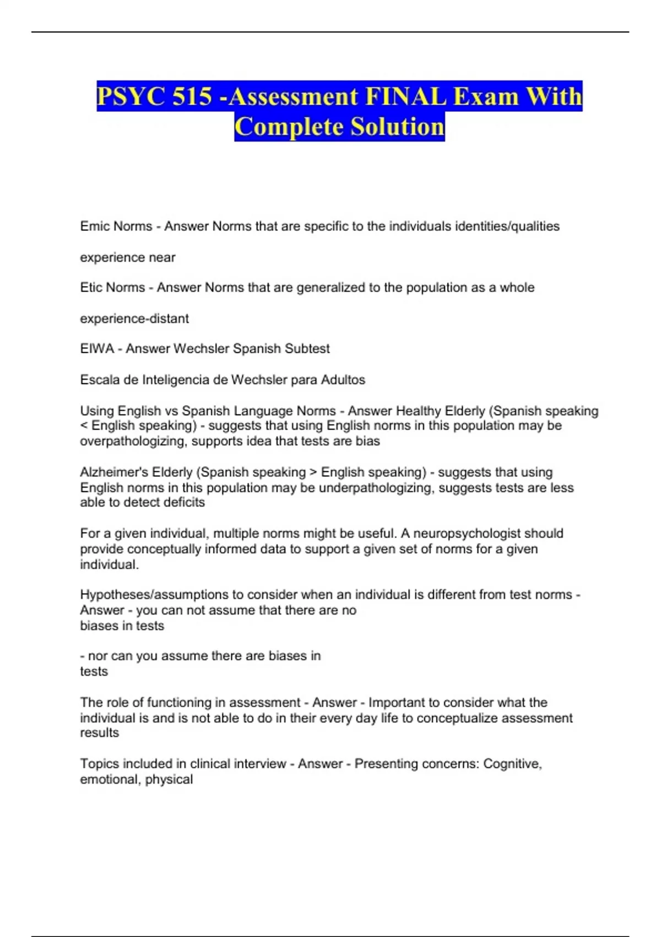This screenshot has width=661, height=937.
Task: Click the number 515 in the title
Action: pyautogui.click(x=191, y=97)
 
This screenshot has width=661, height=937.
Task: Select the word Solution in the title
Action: pyautogui.click(x=397, y=127)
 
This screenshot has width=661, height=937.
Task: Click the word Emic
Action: pyautogui.click(x=94, y=226)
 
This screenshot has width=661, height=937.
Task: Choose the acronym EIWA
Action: pyautogui.click(x=97, y=348)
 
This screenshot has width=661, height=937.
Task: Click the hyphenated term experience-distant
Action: pyautogui.click(x=134, y=318)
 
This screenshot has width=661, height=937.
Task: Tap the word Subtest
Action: pyautogui.click(x=307, y=348)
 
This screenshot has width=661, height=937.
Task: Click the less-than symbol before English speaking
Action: pyautogui.click(x=84, y=426)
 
